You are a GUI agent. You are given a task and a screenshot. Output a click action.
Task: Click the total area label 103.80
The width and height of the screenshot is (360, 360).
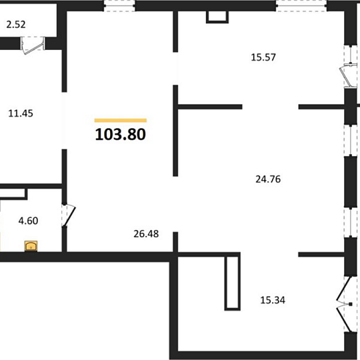(120, 134)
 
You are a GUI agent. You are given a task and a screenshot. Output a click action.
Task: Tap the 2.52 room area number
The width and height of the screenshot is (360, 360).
(16, 25)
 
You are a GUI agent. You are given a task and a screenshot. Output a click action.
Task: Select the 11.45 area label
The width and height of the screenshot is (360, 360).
(21, 113)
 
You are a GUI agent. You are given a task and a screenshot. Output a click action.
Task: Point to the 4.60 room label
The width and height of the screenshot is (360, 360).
(28, 221)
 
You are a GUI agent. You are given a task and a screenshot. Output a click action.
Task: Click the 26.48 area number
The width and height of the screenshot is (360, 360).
(146, 234)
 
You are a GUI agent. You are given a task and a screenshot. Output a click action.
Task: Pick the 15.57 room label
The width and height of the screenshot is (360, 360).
(263, 57)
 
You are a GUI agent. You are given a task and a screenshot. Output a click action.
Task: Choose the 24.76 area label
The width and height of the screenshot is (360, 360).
(268, 179)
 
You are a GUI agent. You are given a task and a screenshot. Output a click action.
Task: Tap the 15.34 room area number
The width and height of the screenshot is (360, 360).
(273, 300)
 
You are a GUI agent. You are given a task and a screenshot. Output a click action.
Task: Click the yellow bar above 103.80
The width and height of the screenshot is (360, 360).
(121, 121)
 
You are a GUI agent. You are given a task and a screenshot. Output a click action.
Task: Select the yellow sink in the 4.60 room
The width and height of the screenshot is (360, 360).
(31, 246)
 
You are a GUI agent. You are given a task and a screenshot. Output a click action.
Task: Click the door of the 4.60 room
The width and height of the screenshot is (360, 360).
(69, 216)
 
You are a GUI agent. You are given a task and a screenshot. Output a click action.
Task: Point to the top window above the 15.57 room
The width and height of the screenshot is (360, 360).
(301, 6)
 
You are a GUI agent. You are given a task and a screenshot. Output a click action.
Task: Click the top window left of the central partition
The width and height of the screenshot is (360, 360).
(119, 6)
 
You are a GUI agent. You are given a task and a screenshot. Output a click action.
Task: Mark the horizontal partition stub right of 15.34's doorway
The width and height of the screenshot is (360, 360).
(321, 255)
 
